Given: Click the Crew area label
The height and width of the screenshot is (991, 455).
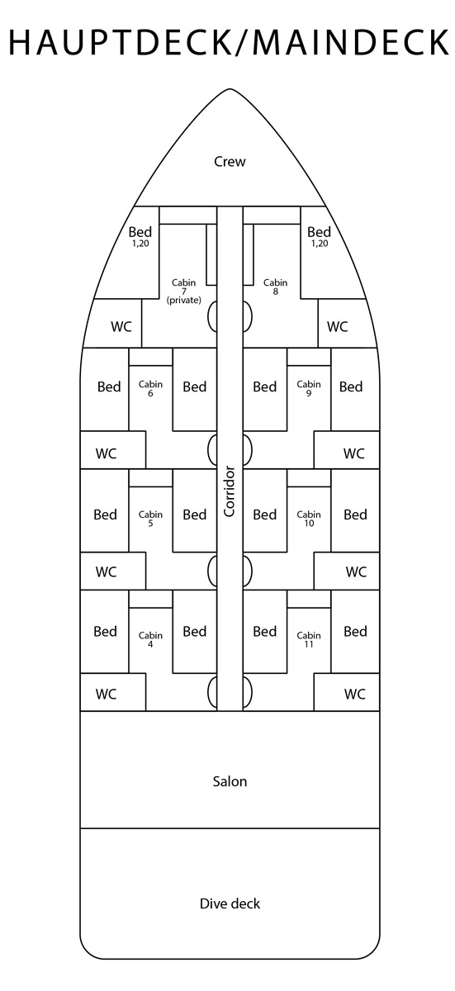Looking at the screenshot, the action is (230, 162).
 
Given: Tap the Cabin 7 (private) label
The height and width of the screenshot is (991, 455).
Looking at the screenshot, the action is (183, 291).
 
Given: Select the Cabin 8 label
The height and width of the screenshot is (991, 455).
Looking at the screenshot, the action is (275, 287).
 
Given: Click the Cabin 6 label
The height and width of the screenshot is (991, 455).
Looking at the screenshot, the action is (150, 388).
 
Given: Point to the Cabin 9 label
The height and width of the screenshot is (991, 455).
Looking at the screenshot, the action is (309, 388).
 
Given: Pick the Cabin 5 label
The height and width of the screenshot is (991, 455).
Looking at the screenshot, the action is (150, 519).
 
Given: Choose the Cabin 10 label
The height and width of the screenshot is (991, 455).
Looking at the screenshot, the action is (309, 519).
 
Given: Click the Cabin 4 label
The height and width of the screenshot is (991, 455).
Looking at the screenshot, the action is (150, 640).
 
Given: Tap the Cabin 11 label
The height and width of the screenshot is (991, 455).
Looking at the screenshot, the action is (309, 640).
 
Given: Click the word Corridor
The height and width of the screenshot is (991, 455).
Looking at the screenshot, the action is (229, 491).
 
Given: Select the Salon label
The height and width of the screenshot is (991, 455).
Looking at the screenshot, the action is (230, 781).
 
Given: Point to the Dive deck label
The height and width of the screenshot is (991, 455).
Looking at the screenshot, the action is (230, 903).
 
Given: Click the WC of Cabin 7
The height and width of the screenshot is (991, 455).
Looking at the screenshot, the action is (121, 326).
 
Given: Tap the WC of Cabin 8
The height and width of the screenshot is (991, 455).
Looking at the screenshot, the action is (337, 326).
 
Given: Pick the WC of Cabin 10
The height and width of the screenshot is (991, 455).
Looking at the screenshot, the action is (356, 571).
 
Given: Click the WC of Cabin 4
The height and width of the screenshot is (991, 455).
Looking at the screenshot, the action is (107, 694).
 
